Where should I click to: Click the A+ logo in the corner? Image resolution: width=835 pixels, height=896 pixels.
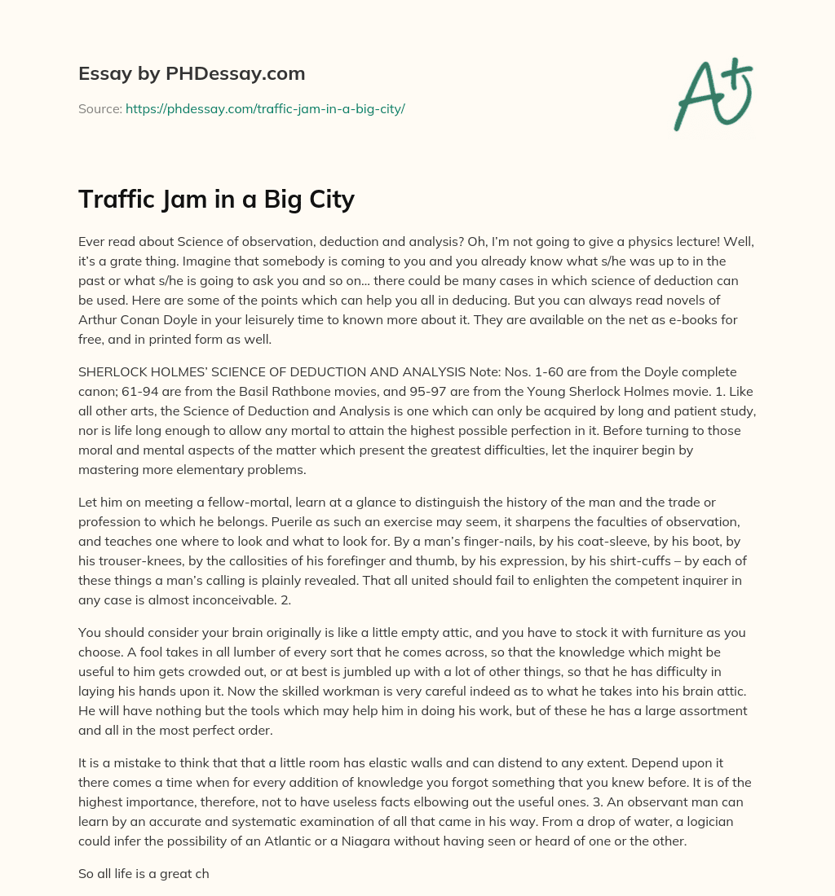pyautogui.click(x=712, y=94)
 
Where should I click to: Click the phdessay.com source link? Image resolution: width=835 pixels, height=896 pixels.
pyautogui.click(x=265, y=108)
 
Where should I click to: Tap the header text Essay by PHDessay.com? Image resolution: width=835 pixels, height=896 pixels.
pyautogui.click(x=192, y=73)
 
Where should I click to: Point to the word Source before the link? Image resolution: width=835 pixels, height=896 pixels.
pyautogui.click(x=99, y=108)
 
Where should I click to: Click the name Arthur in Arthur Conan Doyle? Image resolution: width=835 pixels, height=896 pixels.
pyautogui.click(x=100, y=320)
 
